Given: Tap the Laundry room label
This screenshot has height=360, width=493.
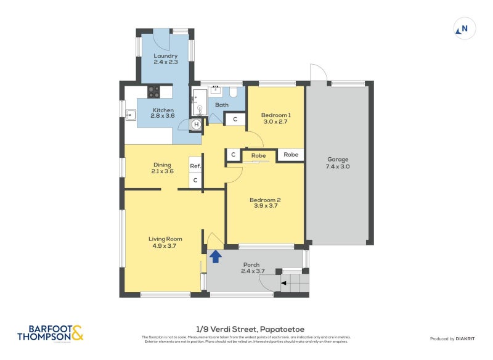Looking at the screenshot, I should (x=165, y=56).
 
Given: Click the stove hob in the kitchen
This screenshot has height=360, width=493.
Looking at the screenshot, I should (x=153, y=92).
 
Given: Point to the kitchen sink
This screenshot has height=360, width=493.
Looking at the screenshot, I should (x=131, y=114).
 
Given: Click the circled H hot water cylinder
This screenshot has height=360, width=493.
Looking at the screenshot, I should (x=197, y=125).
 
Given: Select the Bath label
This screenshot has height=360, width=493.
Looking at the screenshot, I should (x=222, y=105).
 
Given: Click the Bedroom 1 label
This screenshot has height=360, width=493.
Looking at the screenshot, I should (x=275, y=115).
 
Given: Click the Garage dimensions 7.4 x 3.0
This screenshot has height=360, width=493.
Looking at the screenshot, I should (x=338, y=166).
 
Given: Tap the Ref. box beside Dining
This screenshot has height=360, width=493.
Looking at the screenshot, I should (x=195, y=166).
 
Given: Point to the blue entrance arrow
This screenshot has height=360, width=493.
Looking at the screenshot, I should (x=216, y=256).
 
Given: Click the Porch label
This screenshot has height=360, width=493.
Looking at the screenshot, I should (x=250, y=265).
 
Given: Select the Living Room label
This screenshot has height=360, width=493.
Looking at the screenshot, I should (x=165, y=239).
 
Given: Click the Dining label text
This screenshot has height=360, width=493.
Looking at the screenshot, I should (x=162, y=165).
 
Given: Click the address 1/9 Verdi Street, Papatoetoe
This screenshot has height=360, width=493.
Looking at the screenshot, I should (x=246, y=329).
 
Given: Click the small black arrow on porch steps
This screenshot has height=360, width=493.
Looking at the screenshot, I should (x=284, y=284).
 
